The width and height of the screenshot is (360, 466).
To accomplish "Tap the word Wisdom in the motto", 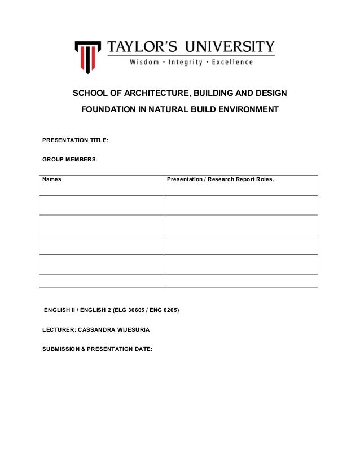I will pos(145,62).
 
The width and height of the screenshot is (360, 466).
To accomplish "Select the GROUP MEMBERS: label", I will pos(69,160).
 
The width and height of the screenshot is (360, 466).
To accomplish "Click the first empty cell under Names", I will pos(102,205).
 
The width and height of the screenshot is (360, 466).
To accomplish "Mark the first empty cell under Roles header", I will pos(240,205).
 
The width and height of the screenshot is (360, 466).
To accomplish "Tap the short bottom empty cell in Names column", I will pos(102,280).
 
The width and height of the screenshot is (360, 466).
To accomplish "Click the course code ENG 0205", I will pos(164,310).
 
